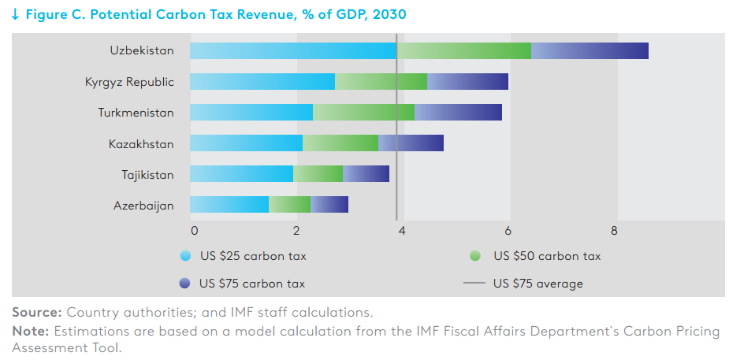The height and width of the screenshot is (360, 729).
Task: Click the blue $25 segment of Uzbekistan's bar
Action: click(x=293, y=50)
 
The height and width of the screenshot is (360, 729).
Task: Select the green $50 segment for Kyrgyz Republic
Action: click(x=381, y=81)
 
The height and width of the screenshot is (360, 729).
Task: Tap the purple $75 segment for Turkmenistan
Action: click(x=458, y=113)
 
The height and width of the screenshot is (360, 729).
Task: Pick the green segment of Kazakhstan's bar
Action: click(x=340, y=143)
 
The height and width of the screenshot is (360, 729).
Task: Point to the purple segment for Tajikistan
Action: click(x=366, y=174)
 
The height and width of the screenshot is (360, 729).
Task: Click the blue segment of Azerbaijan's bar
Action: click(x=229, y=204)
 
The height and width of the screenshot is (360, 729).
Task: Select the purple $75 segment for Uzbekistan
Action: click(x=590, y=50)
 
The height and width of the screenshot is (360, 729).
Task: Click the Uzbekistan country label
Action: click(x=142, y=50)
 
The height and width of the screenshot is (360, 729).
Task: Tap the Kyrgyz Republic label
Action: click(x=129, y=82)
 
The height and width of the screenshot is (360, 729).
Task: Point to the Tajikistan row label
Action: click(x=148, y=175)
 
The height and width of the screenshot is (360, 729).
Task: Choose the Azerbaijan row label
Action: click(x=143, y=206)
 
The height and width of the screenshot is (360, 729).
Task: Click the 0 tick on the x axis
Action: click(x=195, y=231)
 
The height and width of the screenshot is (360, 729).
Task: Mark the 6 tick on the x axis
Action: click(x=508, y=231)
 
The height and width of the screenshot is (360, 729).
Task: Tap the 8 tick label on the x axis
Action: click(x=614, y=231)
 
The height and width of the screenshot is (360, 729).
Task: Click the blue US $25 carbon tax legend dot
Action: click(x=185, y=255)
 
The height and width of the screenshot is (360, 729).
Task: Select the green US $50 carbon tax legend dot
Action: click(x=474, y=255)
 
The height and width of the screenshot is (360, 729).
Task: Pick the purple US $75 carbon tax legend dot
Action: click(x=184, y=283)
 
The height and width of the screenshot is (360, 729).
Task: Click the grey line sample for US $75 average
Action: click(x=474, y=283)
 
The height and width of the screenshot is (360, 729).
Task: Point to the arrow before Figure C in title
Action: click(x=15, y=15)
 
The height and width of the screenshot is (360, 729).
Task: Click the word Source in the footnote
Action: click(x=37, y=312)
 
